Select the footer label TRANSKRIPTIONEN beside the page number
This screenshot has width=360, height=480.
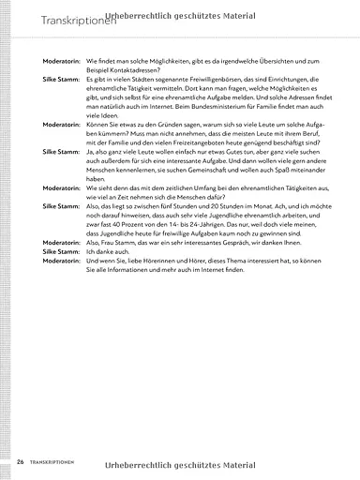pyautogui.click(x=52, y=461)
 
